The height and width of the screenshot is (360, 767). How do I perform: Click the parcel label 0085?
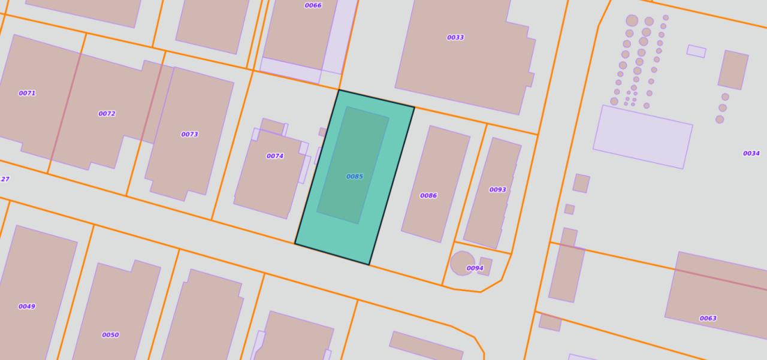click(x=355, y=177)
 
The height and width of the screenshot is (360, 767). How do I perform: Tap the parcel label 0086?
click(x=428, y=196)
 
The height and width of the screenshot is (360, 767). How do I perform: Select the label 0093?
click(x=497, y=190)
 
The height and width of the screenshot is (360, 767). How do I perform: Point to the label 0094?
click(x=475, y=268)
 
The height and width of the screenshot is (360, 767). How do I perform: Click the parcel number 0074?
click(x=275, y=156)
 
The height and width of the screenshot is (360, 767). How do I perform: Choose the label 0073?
click(x=189, y=135)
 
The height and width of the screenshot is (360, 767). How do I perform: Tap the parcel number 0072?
click(x=107, y=114)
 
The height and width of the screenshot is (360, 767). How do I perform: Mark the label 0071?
click(x=27, y=93)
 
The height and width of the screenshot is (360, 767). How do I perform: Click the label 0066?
click(x=313, y=5)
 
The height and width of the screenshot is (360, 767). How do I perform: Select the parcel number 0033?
click(x=455, y=38)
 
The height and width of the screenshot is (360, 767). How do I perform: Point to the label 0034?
click(x=751, y=153)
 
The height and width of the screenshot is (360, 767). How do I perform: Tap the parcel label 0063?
click(x=708, y=319)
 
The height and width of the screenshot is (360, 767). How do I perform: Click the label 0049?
click(x=27, y=307)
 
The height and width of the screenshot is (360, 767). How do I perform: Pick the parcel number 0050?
click(x=110, y=335)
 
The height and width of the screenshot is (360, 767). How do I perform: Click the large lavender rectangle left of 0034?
click(x=642, y=137)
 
